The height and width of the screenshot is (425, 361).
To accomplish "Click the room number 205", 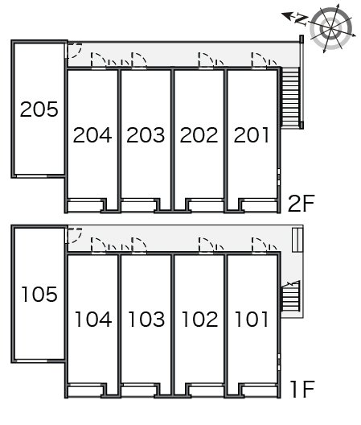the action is pos(39,109).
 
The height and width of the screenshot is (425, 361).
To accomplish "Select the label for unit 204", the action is pos(92,135).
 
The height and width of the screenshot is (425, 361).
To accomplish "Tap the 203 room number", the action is pos(146,135).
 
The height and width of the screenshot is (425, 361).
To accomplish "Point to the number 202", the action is pos(199,135).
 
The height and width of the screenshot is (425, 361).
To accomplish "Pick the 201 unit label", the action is pos(252,135).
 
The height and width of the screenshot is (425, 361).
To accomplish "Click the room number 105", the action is pos(39,294).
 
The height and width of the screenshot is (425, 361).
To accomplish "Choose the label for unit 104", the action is pos(93,319).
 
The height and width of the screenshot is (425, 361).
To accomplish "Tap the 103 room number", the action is pos(146,319).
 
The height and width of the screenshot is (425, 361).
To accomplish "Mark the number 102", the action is pos(199,319).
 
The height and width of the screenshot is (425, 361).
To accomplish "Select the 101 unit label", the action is pos(252,319).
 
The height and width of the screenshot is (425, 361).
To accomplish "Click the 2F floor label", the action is pos(302,204).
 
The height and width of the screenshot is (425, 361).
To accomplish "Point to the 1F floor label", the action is pos(302,389).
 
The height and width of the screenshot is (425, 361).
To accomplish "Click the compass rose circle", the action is pos(331,28).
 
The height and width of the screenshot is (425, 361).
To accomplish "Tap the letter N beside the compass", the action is pos(302,19).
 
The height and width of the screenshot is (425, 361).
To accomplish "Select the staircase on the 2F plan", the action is pos(290,97).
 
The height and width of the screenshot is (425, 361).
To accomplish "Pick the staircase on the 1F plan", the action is pos(291,296).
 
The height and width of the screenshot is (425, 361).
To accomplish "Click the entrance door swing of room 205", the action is pos(74,51).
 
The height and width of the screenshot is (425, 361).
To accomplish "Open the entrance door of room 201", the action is pos(259,60).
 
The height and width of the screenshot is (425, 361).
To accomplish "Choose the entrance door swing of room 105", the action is pos(74,236).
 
